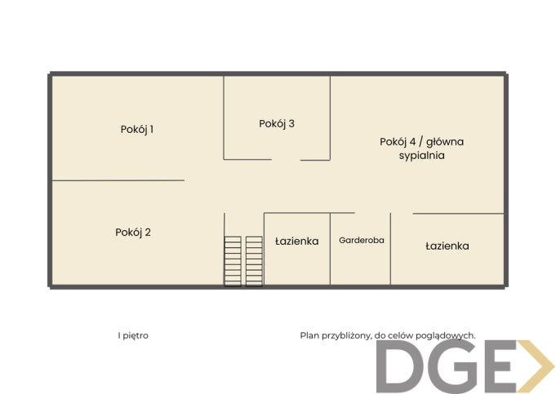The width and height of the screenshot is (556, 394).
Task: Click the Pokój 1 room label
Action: pos(137,130)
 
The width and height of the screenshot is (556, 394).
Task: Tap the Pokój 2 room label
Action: pos(133,232)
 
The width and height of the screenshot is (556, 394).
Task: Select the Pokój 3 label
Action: pos(277,124)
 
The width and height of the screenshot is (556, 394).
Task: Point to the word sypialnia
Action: pos(421,156)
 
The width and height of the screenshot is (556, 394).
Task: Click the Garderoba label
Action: pos(362,240)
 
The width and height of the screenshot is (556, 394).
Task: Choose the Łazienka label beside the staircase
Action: pos(297,241)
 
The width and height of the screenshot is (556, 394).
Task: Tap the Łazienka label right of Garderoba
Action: pos(447,246)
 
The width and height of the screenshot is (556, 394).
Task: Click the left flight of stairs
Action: pos(233,261)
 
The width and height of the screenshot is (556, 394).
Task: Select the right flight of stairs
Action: pos(254,261)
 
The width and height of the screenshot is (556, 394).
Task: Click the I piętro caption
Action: pos(133,335)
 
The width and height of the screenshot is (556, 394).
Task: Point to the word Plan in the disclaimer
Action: pos(309,335)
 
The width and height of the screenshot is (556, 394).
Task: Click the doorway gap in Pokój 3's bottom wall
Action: pos(286,160)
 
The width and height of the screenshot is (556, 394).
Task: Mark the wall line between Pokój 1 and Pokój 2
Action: pos(118,180)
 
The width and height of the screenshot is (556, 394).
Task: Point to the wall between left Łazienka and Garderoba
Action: pos(330,249)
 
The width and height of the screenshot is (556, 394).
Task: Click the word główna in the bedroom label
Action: pos(445,142)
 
